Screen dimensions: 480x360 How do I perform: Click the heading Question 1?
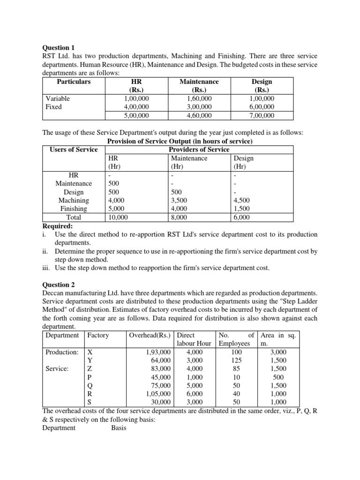coord(59,47)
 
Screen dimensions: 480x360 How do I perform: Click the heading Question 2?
coord(59,284)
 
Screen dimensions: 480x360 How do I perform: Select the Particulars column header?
coord(74,82)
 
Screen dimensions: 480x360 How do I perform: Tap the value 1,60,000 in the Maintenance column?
coord(199,98)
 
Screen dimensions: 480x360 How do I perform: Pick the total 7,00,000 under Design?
coord(262,115)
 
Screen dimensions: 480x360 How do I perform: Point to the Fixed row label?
coord(53,107)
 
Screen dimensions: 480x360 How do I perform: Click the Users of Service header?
coord(74,150)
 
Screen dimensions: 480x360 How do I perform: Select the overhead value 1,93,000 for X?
coord(157,352)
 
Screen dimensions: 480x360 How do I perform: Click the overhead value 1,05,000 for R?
coord(157,394)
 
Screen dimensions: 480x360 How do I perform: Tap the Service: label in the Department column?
coord(57,368)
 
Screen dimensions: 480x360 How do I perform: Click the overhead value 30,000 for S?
coord(159,402)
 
